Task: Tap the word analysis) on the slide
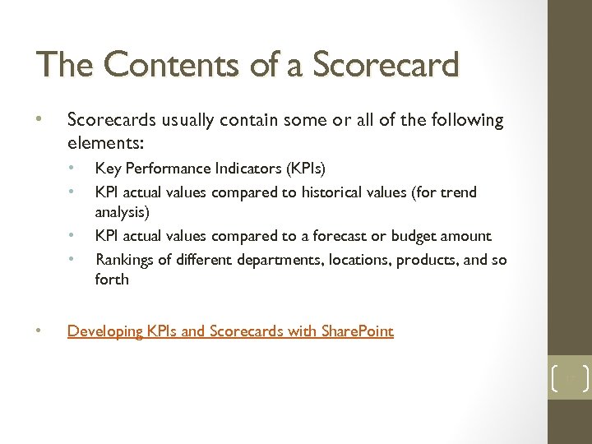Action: coord(123,212)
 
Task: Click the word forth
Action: coord(112,280)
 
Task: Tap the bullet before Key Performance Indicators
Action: coord(72,169)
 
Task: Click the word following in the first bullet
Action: coord(465,120)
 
